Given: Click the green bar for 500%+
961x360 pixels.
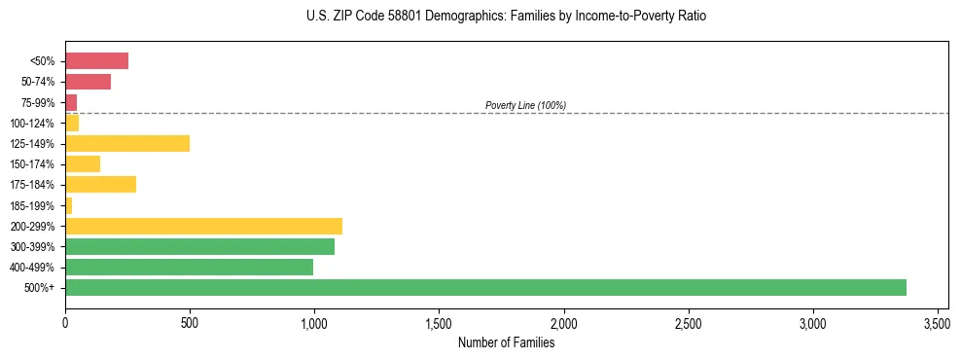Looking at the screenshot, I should (485, 287).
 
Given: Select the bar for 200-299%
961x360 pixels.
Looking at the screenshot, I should (203, 226).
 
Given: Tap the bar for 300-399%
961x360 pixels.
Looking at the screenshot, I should (199, 246).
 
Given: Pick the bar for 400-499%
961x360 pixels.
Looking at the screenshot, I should (189, 267).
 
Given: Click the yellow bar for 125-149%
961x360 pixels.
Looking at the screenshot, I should (127, 143).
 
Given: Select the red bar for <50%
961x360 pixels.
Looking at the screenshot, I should (96, 61).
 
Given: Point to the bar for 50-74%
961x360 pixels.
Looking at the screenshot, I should (88, 82).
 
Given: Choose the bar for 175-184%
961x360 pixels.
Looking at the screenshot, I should (100, 185).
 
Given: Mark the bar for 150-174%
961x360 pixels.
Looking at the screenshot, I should (83, 163).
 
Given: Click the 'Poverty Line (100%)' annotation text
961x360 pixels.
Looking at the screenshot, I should (525, 105).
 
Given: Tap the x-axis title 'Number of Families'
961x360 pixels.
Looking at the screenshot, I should (506, 342).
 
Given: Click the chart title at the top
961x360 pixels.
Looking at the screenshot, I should (506, 17).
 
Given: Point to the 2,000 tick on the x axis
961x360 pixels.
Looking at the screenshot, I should (563, 322).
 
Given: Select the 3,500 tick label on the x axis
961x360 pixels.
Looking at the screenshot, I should (937, 322).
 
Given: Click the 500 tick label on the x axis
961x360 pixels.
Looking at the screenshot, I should (190, 322).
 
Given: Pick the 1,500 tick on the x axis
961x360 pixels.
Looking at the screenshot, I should (439, 322).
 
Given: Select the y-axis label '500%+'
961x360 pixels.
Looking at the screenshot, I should (41, 288).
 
